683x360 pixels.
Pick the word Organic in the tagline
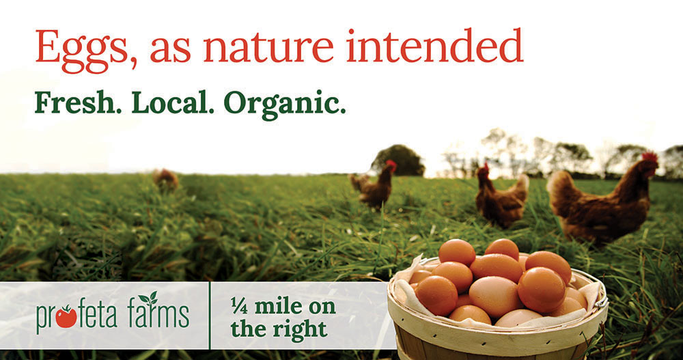281,105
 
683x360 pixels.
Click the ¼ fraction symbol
239,307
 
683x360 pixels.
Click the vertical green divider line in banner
210,316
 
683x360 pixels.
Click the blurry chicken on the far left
166,179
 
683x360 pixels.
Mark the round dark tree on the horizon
398,161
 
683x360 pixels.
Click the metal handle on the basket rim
602,301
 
